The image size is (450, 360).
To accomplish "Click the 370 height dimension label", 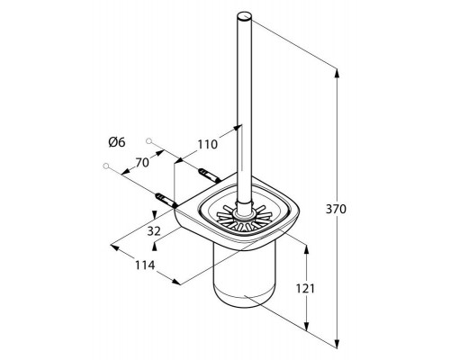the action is click(x=336, y=209).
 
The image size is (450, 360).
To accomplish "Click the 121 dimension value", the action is click(x=305, y=289).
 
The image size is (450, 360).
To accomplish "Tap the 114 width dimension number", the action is click(x=145, y=265).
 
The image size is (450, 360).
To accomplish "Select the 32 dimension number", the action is click(x=154, y=231).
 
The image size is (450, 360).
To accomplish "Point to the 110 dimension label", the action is click(x=207, y=145).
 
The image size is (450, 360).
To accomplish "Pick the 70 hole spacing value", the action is click(x=142, y=163).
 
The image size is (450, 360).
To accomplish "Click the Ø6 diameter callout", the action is click(x=117, y=142).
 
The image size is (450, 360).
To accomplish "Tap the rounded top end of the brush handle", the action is click(x=245, y=16).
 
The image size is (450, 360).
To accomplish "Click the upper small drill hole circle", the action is click(x=148, y=140).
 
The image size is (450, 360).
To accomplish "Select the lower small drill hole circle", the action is click(x=105, y=166).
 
